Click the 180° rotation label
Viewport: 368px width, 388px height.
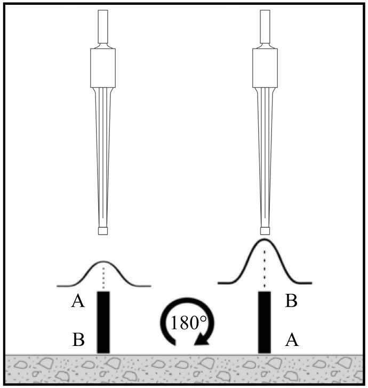tap(188, 323)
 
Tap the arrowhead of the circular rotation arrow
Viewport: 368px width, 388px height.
tap(202, 339)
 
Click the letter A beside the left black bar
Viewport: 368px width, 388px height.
tap(78, 301)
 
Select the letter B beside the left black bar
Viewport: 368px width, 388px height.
tap(78, 340)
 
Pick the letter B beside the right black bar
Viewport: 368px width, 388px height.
tap(291, 301)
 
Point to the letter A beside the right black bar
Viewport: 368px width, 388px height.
tap(292, 340)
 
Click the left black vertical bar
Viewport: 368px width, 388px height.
tap(103, 322)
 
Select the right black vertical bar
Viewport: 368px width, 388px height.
tap(265, 322)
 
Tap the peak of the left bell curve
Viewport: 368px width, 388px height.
tap(103, 261)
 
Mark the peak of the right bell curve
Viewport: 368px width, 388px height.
tap(265, 240)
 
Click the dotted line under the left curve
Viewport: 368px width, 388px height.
tap(103, 277)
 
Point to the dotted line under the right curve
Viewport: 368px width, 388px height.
tap(265, 269)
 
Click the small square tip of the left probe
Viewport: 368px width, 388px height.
tap(103, 231)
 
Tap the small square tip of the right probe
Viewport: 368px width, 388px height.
tap(265, 231)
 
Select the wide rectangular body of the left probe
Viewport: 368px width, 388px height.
tap(103, 68)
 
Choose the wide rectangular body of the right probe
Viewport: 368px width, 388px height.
tap(265, 68)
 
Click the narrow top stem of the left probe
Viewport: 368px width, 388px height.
tap(103, 27)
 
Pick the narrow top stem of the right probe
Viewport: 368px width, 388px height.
tap(265, 27)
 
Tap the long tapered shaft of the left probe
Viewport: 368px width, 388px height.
tap(103, 158)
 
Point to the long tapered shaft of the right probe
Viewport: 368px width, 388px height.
tap(265, 158)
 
